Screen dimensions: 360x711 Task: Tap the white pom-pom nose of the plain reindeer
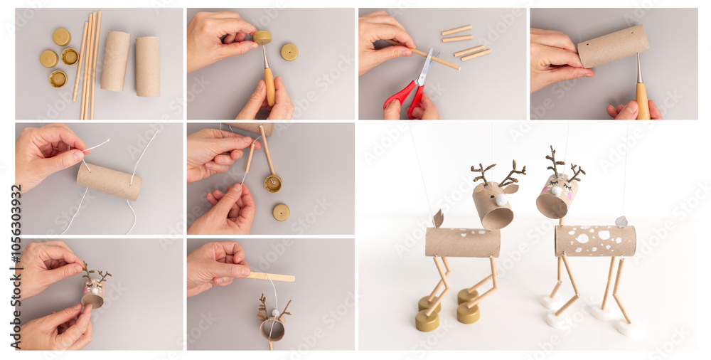(x=502, y=201)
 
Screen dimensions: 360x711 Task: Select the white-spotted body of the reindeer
(x=594, y=240)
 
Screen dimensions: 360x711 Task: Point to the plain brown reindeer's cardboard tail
(x=438, y=218)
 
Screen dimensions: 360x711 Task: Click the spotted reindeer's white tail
(x=621, y=221)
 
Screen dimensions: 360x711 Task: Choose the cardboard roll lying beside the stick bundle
(x=115, y=61)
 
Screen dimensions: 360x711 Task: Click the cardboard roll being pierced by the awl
(x=612, y=46)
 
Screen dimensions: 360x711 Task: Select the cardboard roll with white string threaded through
(x=109, y=181)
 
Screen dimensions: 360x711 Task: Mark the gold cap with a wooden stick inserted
(x=272, y=184)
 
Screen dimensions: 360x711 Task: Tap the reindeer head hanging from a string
(x=272, y=327)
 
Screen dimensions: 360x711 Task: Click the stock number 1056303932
(x=16, y=268)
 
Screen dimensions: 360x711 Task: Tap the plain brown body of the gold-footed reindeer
(x=463, y=242)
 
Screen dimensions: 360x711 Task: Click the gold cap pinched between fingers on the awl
(x=262, y=37)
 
